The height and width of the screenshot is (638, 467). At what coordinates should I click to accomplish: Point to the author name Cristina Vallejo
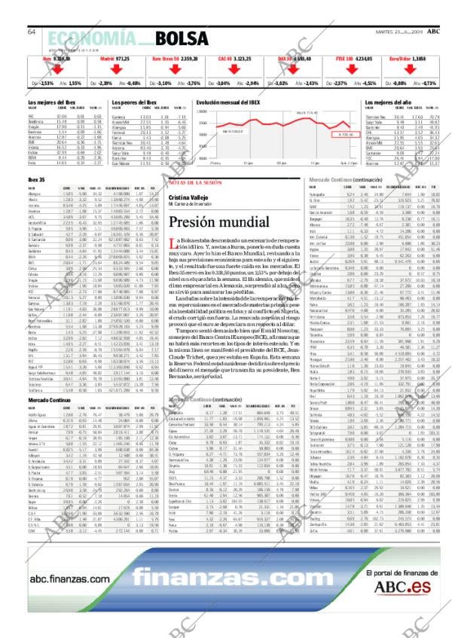coord(187,197)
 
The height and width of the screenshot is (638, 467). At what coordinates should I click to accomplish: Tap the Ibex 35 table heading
coord(36,179)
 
